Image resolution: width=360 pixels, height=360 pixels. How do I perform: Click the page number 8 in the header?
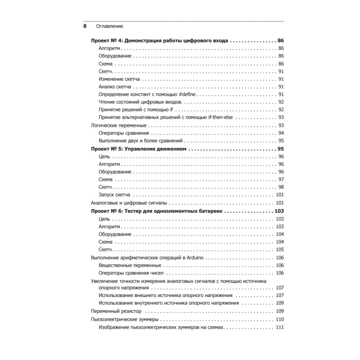pos(85,26)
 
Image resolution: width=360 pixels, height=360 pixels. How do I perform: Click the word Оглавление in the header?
pos(109,26)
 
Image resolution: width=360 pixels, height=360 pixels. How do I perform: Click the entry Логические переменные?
pos(118,125)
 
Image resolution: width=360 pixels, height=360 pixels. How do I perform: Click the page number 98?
pos(281,187)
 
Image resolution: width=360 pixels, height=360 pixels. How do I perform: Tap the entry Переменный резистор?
pos(116,311)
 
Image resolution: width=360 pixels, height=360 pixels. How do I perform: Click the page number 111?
pos(279,327)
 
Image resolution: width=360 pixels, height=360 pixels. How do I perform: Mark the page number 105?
pos(279,250)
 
